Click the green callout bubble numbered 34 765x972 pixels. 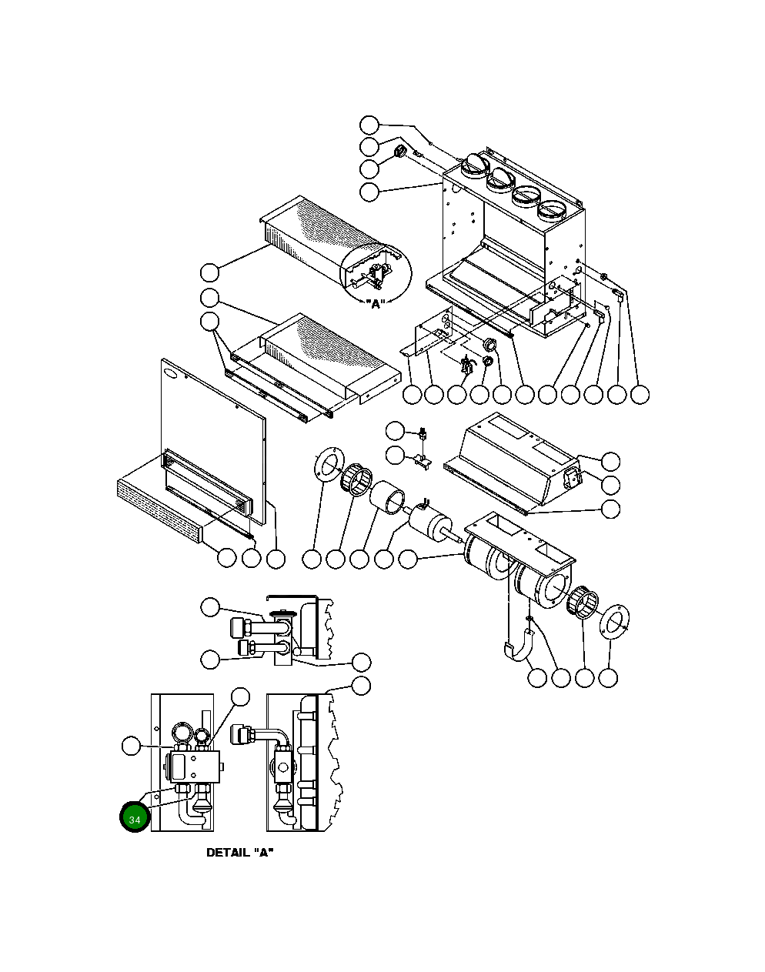[135, 819]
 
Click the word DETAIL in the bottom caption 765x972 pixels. [227, 853]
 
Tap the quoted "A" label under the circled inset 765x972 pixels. [376, 303]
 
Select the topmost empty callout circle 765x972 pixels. [370, 125]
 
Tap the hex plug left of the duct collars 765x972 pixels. [400, 152]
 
